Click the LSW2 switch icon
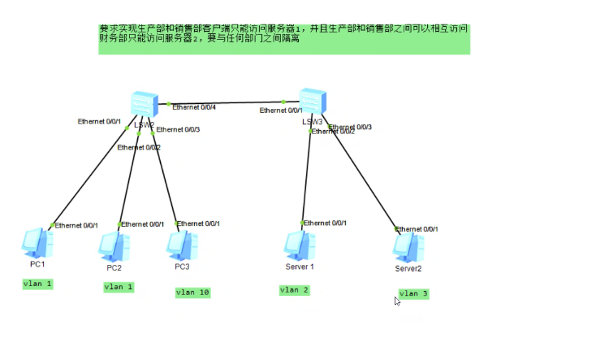point(144,104)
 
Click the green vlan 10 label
point(192,293)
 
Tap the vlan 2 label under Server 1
point(294,290)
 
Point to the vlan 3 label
point(413,293)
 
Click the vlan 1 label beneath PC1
point(37,284)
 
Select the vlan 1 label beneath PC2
point(119,287)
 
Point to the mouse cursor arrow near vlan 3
point(397,301)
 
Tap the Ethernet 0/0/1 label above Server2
point(417,230)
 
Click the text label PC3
point(182,267)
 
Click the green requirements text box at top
point(284,39)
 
